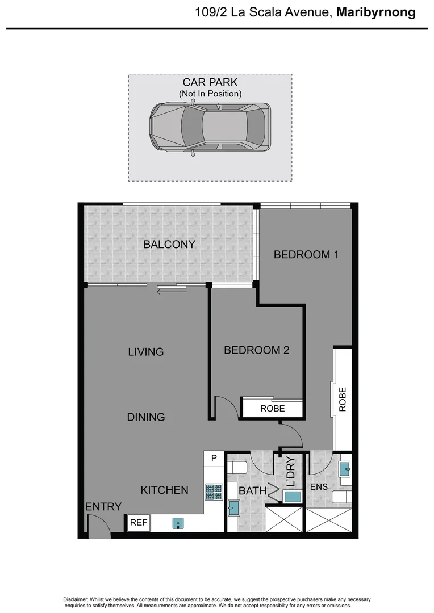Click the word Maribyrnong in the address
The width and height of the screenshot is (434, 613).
(x=375, y=12)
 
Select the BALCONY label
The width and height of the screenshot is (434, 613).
(x=169, y=245)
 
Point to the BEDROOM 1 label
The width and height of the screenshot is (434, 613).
(x=306, y=254)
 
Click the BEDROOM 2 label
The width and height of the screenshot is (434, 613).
(x=257, y=350)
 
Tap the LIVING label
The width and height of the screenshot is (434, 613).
(x=146, y=352)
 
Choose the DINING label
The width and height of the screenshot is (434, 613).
(x=146, y=417)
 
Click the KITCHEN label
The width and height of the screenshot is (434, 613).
(x=165, y=490)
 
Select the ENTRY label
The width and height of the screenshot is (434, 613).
(x=103, y=507)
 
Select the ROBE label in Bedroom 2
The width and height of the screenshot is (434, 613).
(x=273, y=409)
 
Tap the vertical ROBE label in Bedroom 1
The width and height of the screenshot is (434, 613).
(x=343, y=399)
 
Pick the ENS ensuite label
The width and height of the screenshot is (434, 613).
(x=319, y=487)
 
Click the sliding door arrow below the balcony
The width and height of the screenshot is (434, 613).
(x=172, y=292)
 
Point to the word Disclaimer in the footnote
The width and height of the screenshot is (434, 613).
(x=76, y=600)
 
